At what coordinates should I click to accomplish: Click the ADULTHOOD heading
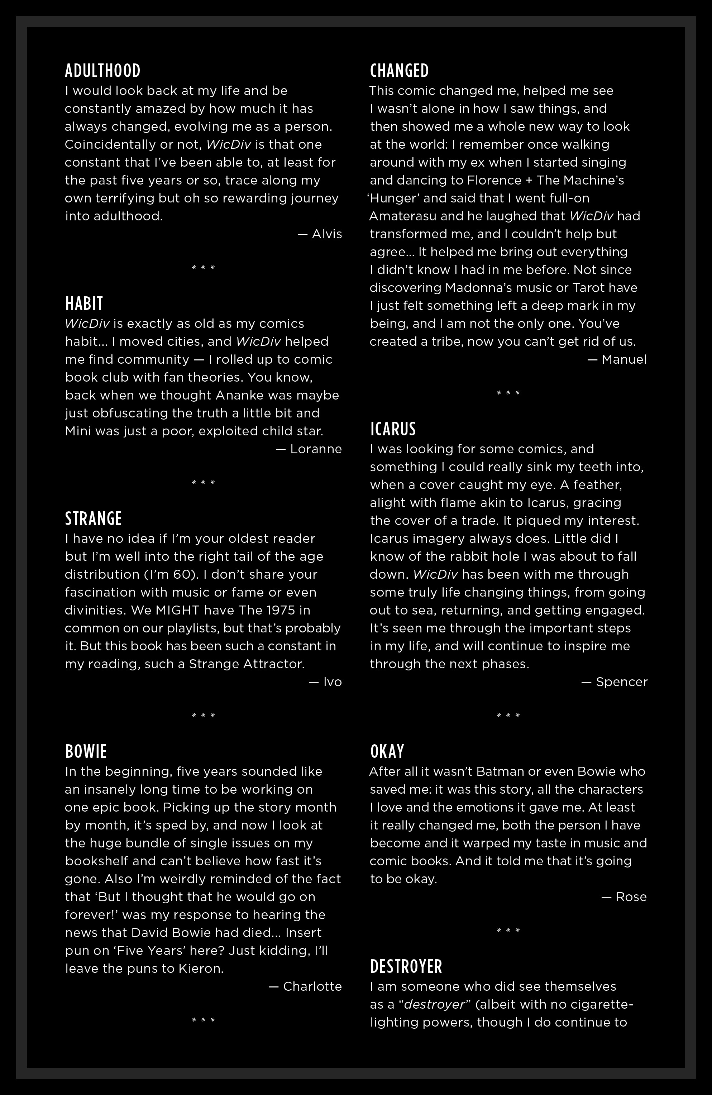point(102,71)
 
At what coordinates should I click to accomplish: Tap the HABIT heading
point(84,303)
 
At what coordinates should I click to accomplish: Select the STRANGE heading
point(94,518)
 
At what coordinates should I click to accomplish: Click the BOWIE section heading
point(86,751)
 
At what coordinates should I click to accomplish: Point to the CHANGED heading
point(400,71)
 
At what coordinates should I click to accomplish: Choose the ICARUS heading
point(393,429)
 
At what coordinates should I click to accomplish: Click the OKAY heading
point(387,751)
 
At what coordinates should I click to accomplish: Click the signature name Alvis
point(327,234)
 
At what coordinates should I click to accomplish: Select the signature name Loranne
point(316,449)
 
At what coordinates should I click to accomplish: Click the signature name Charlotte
point(312,986)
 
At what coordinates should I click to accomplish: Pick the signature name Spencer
point(621,682)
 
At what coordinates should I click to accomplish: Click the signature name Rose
point(631,897)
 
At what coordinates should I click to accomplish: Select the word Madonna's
point(472,288)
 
